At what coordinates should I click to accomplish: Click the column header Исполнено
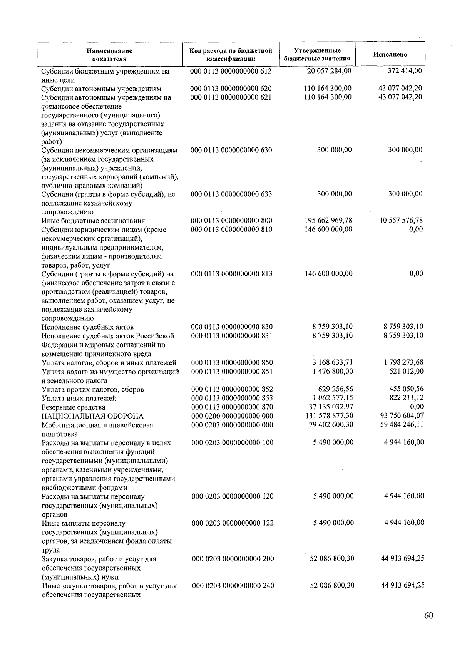(x=390, y=54)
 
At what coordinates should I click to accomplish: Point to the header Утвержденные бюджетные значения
(x=317, y=54)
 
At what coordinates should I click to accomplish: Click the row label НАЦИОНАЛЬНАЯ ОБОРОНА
(x=92, y=416)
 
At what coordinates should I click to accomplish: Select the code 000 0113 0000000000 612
(x=231, y=71)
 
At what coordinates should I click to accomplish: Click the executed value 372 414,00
(x=404, y=71)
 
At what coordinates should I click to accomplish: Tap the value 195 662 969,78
(x=328, y=221)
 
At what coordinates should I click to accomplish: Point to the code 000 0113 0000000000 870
(x=232, y=407)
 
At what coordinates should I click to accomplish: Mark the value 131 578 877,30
(x=329, y=416)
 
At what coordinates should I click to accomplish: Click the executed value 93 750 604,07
(x=402, y=416)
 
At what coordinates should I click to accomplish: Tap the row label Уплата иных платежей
(x=79, y=399)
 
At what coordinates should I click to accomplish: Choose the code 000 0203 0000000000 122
(x=233, y=523)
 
